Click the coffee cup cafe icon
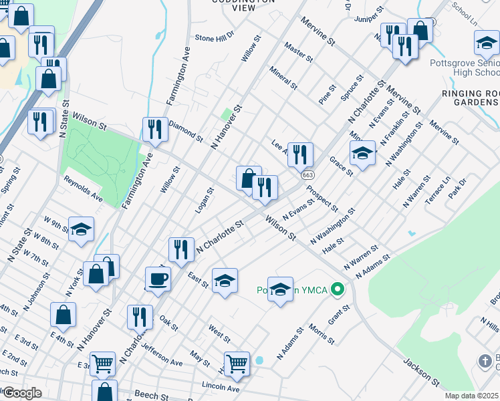[x=158, y=277]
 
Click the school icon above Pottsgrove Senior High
[x=487, y=44]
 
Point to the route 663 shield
[x=307, y=174]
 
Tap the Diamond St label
[x=185, y=131]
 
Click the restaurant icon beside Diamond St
[x=155, y=128]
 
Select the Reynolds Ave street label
[x=83, y=189]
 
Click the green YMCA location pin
[x=338, y=291]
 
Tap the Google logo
[x=21, y=393]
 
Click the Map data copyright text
[x=472, y=396]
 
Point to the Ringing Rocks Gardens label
[x=470, y=98]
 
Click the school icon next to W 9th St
[x=81, y=229]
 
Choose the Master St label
[x=298, y=52]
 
